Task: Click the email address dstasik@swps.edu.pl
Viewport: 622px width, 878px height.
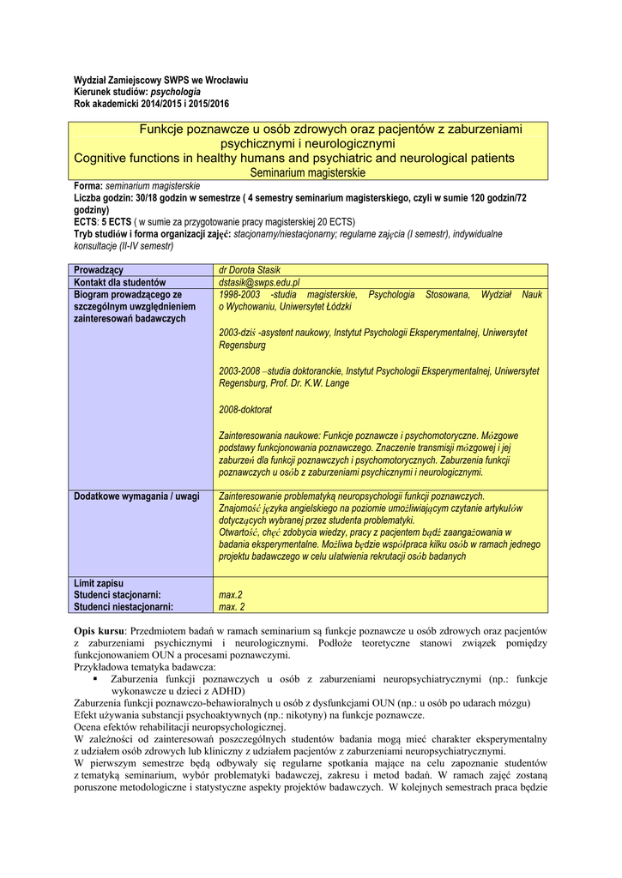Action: click(x=259, y=282)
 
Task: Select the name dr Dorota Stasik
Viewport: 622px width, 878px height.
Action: click(x=251, y=270)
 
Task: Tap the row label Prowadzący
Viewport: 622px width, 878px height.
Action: click(x=99, y=270)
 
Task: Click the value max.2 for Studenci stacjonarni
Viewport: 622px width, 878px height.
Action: click(x=231, y=595)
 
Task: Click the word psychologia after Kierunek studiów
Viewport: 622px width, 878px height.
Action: click(x=176, y=91)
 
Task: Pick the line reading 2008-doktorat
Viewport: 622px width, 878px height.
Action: click(x=245, y=410)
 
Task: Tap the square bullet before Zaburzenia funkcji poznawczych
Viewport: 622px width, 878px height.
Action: click(x=95, y=680)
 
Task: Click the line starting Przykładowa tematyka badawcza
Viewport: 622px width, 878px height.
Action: click(x=146, y=667)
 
